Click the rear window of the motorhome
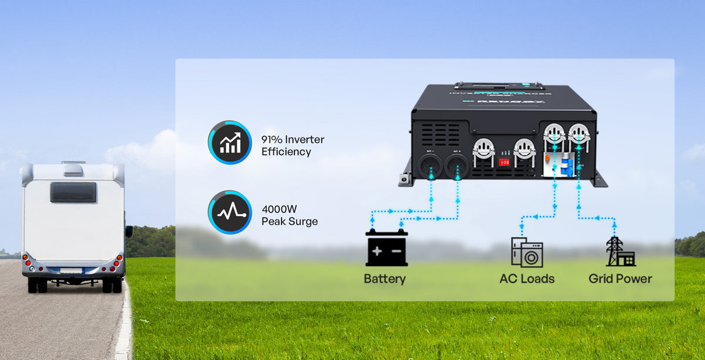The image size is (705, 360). (x=73, y=192)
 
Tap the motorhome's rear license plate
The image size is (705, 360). (x=72, y=270)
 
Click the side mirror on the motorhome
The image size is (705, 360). (x=129, y=231)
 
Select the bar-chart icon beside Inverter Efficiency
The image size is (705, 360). (x=229, y=143)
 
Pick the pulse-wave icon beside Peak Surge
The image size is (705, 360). (x=229, y=213)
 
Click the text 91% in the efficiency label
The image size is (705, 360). (x=273, y=140)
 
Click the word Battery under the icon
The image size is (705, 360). (x=385, y=278)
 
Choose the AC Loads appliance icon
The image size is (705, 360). (x=526, y=252)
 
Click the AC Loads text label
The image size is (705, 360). (x=526, y=278)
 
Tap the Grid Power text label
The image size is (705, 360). (x=620, y=278)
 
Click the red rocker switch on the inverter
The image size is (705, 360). (x=503, y=162)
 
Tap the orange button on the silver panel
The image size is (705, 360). (x=549, y=159)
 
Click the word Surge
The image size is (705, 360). (x=303, y=222)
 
